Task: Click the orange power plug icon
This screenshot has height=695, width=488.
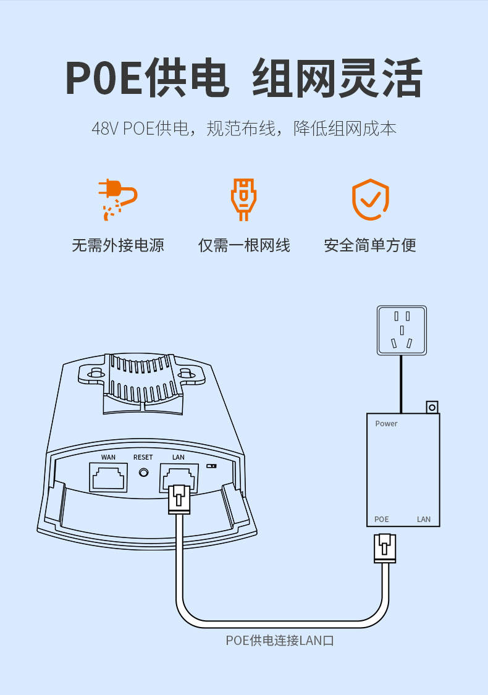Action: (117, 199)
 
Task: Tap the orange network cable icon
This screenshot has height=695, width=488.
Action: (243, 199)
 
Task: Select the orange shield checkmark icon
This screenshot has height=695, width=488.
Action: (370, 199)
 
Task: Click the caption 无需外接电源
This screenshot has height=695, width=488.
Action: (118, 245)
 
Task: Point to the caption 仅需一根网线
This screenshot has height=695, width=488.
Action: (244, 245)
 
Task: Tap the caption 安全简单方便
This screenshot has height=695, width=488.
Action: (370, 245)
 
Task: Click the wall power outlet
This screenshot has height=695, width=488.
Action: (402, 330)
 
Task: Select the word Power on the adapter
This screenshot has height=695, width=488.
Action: (386, 424)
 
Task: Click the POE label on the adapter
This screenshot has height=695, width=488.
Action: (382, 519)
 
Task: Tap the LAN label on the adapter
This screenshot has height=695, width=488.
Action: (424, 519)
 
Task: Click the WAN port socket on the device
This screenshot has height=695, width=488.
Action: (108, 478)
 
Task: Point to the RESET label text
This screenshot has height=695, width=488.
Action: (143, 457)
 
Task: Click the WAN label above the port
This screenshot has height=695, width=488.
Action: (108, 457)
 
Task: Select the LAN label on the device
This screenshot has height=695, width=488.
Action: (178, 457)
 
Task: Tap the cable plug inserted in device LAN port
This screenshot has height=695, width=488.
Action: (179, 499)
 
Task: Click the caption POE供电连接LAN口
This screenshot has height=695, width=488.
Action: (280, 641)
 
